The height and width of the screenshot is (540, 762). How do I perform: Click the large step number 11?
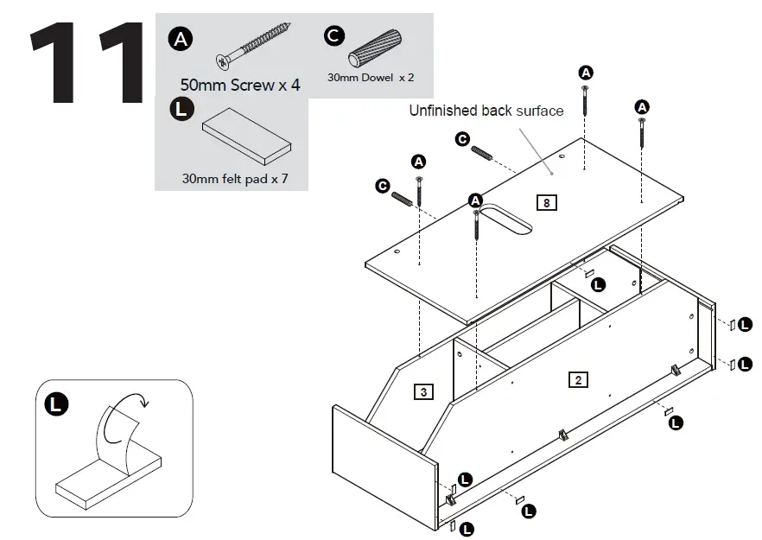(86, 62)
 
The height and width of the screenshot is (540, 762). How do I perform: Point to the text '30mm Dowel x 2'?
(371, 77)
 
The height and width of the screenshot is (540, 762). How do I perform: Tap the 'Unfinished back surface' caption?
(486, 111)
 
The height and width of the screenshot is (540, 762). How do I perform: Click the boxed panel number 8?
(546, 203)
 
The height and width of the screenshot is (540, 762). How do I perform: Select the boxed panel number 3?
(422, 391)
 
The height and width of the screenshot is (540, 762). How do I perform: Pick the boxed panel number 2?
(578, 378)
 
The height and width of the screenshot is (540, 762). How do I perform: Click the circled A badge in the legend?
(180, 38)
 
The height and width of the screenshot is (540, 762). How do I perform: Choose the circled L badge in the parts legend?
(180, 111)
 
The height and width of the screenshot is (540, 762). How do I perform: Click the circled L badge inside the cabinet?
(598, 283)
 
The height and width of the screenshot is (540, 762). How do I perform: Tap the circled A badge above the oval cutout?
(474, 200)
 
